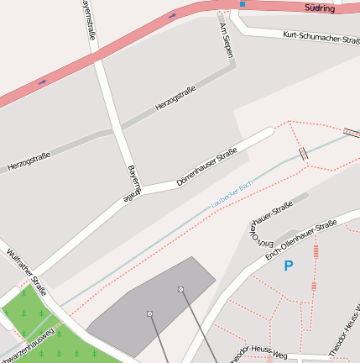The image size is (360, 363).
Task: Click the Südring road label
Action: click(x=321, y=8)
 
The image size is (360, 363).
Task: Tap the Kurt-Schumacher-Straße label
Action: click(x=321, y=38)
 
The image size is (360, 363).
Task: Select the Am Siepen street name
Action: click(x=226, y=40)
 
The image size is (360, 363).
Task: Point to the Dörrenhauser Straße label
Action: click(x=207, y=166)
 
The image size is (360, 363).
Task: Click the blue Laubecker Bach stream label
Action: click(x=232, y=194)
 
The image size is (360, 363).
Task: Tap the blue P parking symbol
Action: click(x=288, y=266)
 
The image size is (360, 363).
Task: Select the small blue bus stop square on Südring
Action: click(x=242, y=4)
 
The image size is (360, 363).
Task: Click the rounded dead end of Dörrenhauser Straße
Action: click(x=269, y=132)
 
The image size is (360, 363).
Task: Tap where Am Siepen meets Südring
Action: click(x=223, y=11)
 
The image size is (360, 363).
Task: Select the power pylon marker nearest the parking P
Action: click(x=180, y=289)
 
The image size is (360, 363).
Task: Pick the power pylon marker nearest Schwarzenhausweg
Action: click(x=149, y=313)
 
